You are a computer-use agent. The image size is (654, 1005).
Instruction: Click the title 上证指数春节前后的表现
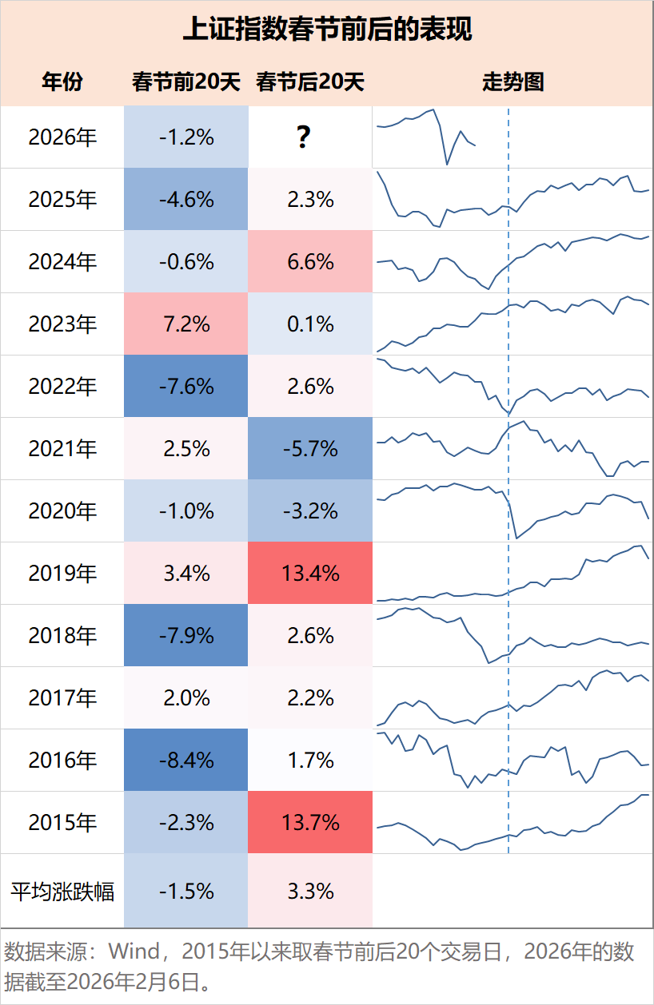tap(327, 30)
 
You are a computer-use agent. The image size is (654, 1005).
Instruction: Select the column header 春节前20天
tap(186, 81)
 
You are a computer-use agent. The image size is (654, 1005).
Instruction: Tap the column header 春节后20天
tap(310, 81)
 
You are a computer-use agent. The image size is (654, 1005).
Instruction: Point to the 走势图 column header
tap(512, 81)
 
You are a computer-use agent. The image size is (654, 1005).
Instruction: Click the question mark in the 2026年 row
tap(303, 137)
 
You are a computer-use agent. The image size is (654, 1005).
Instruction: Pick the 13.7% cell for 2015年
tap(310, 823)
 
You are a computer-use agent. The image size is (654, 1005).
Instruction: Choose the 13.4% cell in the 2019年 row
tap(310, 574)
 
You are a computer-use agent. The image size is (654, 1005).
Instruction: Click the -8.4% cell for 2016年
tap(186, 761)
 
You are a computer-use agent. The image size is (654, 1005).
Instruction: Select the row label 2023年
tap(62, 324)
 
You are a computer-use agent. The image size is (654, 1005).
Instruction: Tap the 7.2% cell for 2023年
tap(186, 324)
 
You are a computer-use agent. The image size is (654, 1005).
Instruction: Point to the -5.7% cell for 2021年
tap(310, 449)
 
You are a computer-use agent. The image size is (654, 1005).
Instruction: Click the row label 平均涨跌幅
tap(62, 892)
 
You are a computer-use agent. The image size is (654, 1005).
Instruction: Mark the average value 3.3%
tap(310, 892)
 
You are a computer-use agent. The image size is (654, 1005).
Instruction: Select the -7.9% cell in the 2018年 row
tap(186, 636)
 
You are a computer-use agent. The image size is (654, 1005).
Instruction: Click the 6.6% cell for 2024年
tap(310, 262)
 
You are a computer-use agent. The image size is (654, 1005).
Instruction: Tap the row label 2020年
tap(62, 511)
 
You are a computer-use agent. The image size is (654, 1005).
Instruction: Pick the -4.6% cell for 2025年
tap(186, 200)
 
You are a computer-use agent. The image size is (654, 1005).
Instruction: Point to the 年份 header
tap(62, 81)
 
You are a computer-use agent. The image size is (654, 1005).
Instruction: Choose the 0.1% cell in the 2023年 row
tap(310, 324)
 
